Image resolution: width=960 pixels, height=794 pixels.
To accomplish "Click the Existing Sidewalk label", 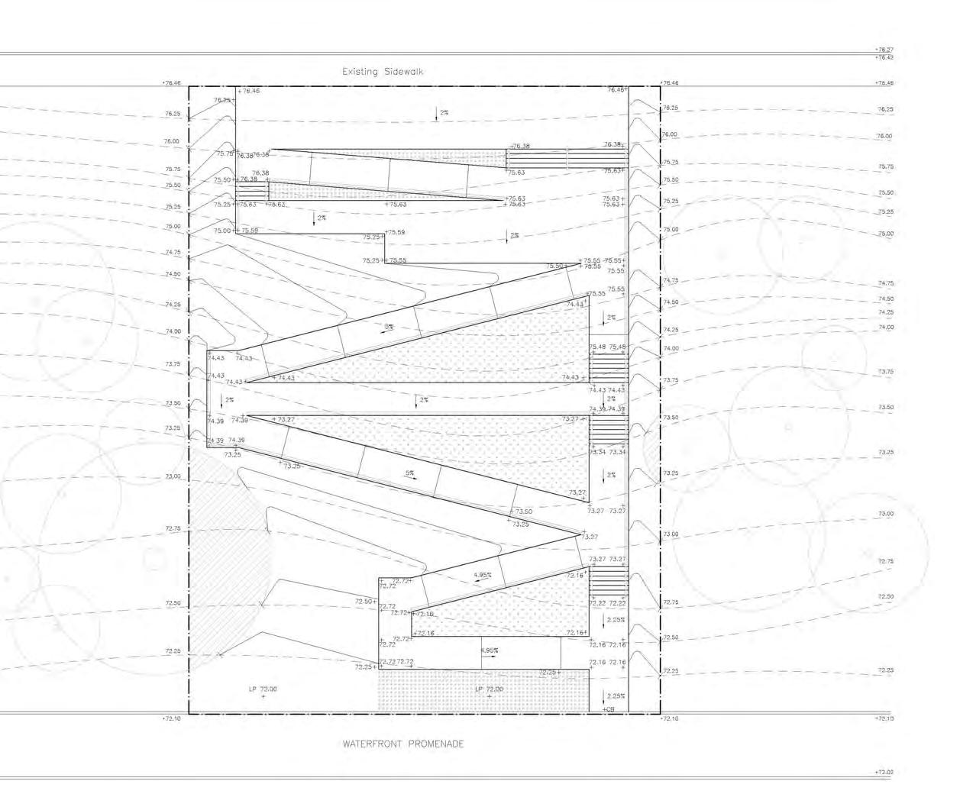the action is pyautogui.click(x=383, y=72).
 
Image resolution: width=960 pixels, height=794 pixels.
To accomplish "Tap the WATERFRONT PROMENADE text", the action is pyautogui.click(x=403, y=744).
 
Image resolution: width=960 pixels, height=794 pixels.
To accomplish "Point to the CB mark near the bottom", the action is pyautogui.click(x=609, y=710).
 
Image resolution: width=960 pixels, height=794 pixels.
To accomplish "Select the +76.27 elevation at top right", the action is pyautogui.click(x=884, y=50).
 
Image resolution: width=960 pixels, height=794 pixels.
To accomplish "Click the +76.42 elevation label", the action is pyautogui.click(x=884, y=57).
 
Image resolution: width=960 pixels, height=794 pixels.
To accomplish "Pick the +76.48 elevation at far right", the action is pyautogui.click(x=884, y=83).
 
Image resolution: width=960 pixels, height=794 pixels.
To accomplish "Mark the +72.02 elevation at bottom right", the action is pyautogui.click(x=884, y=773).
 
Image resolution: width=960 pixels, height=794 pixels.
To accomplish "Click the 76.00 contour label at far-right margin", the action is pyautogui.click(x=885, y=136).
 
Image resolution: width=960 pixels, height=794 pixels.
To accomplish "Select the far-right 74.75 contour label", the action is pyautogui.click(x=885, y=283).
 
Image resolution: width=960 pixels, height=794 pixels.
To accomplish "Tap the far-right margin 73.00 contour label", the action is pyautogui.click(x=885, y=514).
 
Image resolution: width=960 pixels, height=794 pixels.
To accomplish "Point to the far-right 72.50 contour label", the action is pyautogui.click(x=885, y=597).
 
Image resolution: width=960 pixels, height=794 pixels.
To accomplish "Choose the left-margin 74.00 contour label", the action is pyautogui.click(x=173, y=331).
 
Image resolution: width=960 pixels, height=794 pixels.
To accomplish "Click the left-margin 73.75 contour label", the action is pyautogui.click(x=173, y=364).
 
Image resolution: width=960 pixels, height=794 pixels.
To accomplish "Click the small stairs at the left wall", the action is pyautogui.click(x=251, y=190).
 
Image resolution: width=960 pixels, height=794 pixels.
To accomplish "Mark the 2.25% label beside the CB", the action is pyautogui.click(x=616, y=696).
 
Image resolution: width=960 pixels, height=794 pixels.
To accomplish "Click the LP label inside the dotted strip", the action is pyautogui.click(x=490, y=689).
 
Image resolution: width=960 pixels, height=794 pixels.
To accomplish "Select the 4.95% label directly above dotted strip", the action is pyautogui.click(x=490, y=650).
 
